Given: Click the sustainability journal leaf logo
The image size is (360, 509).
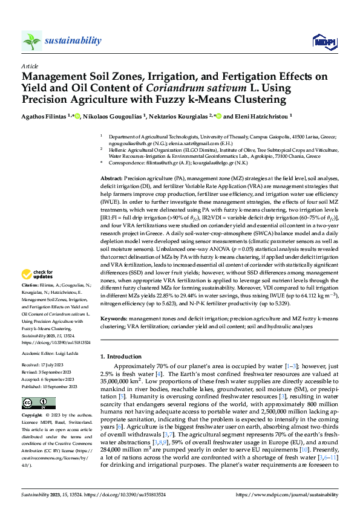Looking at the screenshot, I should tap(32, 41).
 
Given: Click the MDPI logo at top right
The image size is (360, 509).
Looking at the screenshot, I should tap(321, 41).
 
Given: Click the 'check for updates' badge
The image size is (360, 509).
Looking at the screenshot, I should tap(36, 275).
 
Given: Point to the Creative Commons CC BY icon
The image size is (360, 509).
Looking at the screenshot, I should tap(35, 403).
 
